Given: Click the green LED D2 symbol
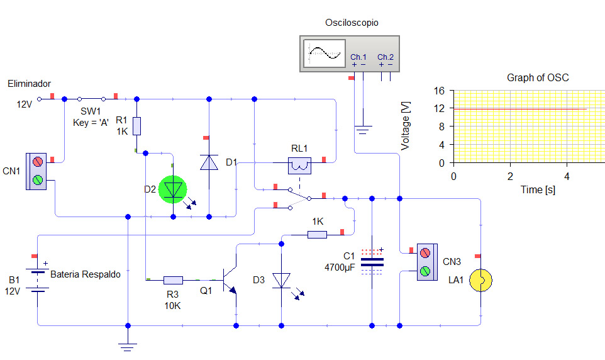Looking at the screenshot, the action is (x=172, y=189).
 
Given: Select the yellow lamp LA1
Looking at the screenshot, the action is (x=480, y=280).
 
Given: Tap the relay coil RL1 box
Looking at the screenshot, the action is (x=299, y=166).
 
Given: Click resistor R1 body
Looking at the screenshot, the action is (x=136, y=126).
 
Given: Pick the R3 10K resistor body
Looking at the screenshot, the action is (x=173, y=280).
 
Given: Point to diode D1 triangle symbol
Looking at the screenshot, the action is (x=209, y=162).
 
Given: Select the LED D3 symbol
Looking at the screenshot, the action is (x=281, y=281).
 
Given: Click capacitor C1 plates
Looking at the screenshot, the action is (x=372, y=262).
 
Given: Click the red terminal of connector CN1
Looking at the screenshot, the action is (x=38, y=162).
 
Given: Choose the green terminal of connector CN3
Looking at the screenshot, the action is (x=425, y=271).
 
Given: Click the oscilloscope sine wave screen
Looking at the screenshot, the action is (x=325, y=53).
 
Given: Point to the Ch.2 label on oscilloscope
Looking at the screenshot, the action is (x=386, y=57).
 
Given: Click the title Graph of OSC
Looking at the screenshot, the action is (x=538, y=77).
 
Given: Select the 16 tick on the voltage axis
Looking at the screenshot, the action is (x=439, y=91).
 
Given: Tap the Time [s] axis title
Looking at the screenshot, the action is (x=538, y=189).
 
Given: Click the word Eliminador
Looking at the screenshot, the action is (x=30, y=84).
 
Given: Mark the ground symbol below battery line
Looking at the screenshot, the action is (x=128, y=347).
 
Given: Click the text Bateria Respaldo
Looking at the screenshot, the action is (x=86, y=274).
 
